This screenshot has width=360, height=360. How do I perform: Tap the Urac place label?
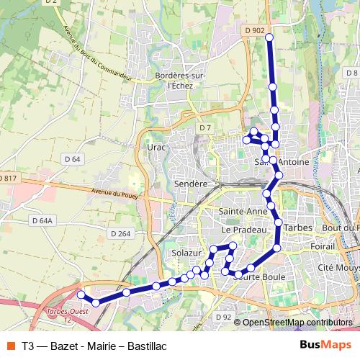coord(156,147)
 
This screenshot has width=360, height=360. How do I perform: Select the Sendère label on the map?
coord(191,184)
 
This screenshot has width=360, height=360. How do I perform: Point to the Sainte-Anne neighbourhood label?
coord(242,212)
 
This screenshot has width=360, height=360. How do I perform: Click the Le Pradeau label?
coord(240,229)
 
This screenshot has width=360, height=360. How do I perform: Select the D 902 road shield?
coord(254,30)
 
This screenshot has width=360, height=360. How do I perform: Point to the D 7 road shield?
coord(206,127)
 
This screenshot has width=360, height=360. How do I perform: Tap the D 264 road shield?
coord(120,233)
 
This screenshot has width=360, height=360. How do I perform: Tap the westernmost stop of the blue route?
coord(81,294)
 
